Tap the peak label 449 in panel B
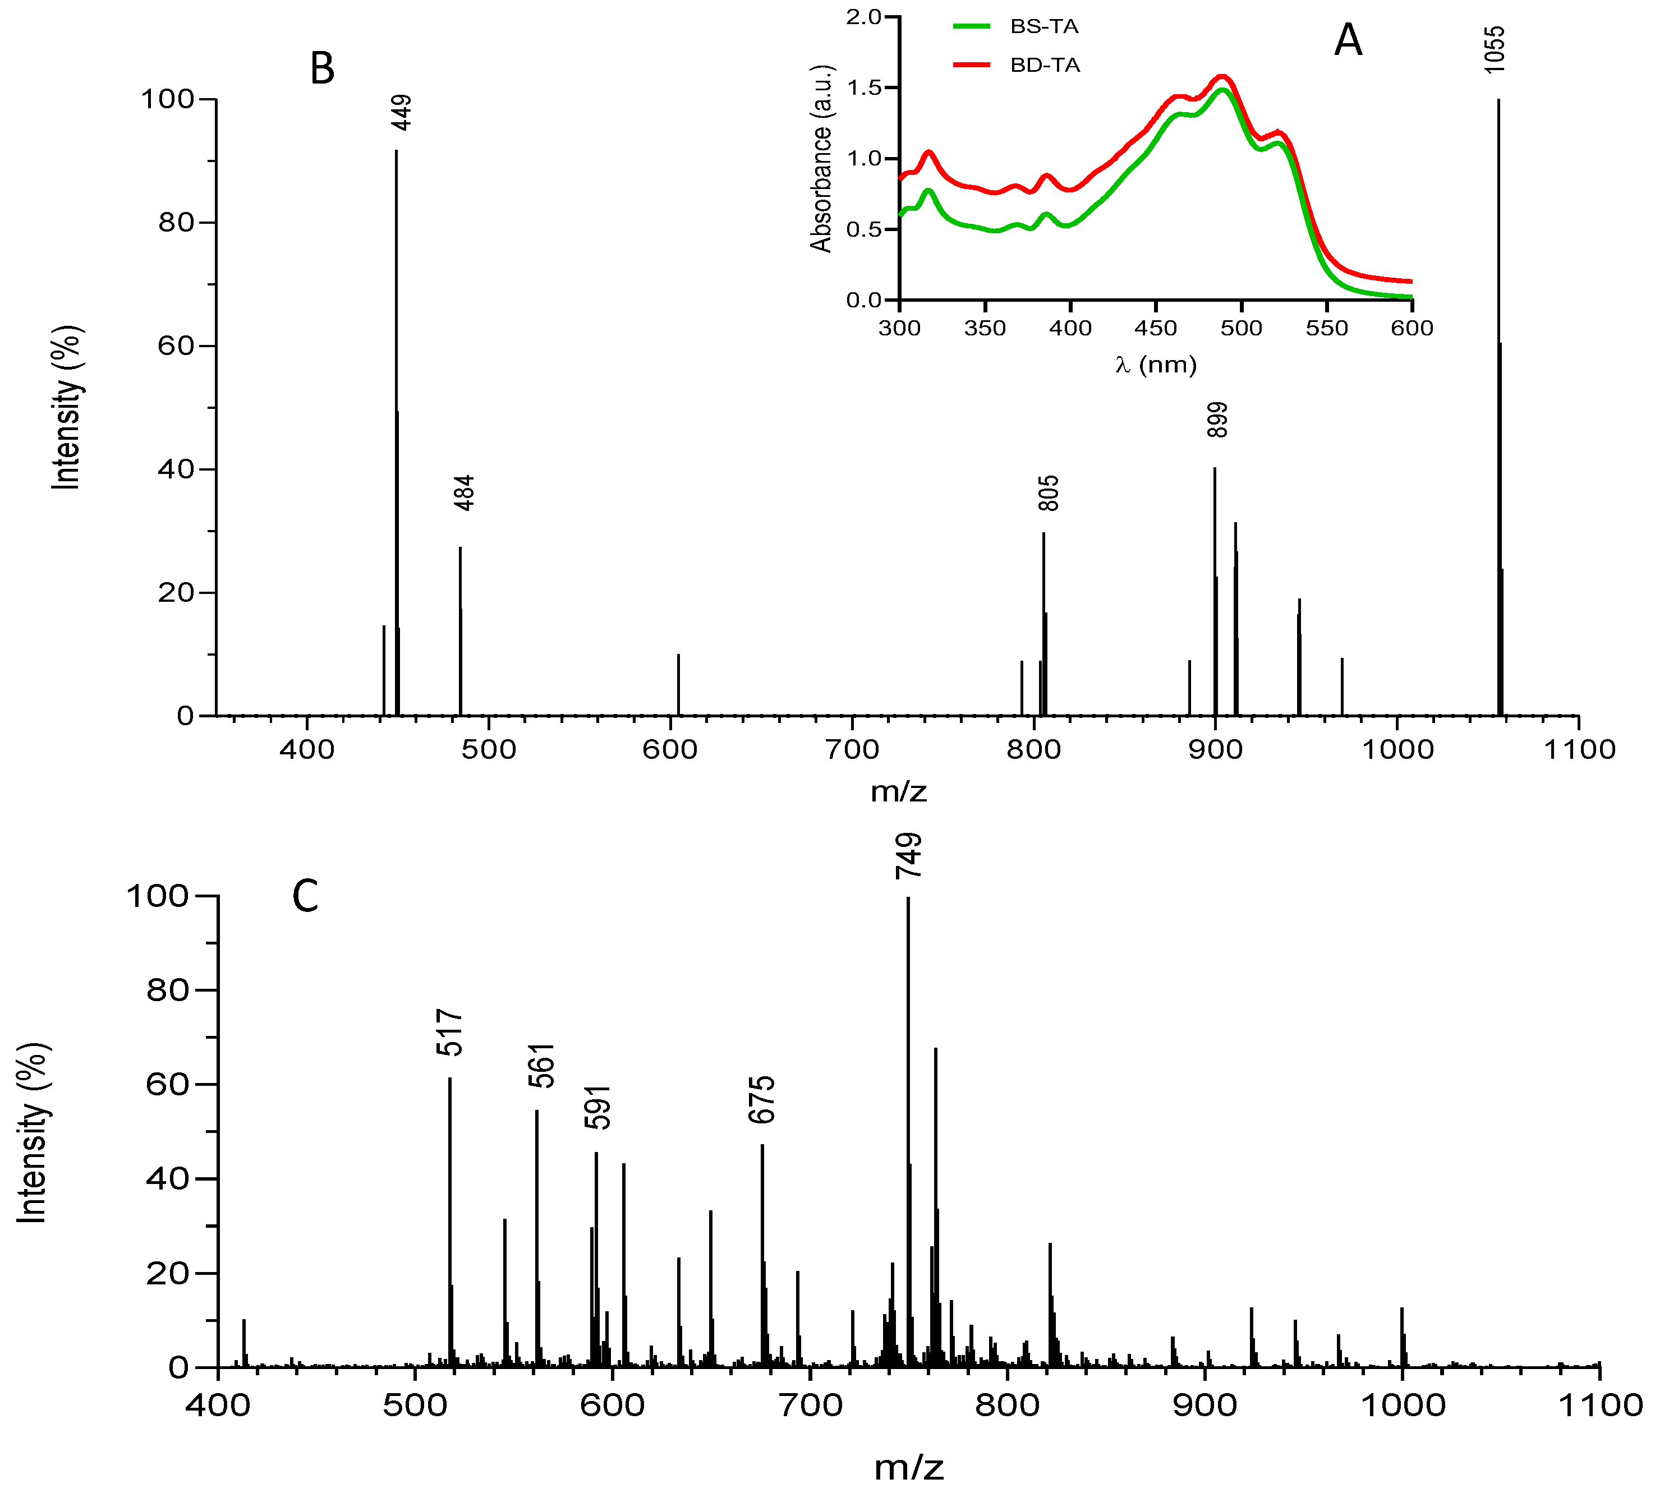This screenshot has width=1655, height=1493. (x=401, y=112)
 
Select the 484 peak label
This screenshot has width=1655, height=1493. (x=465, y=493)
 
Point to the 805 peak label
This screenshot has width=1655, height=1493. (x=1048, y=493)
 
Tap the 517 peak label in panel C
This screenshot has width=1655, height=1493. (x=449, y=1034)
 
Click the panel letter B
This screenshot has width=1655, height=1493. (x=321, y=69)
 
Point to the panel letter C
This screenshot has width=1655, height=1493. (x=305, y=897)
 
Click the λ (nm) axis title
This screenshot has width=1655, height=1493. (x=1155, y=364)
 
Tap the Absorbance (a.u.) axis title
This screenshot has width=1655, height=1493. (x=821, y=158)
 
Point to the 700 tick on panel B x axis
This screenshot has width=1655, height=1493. (x=853, y=749)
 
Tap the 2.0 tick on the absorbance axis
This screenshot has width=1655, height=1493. (x=863, y=17)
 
